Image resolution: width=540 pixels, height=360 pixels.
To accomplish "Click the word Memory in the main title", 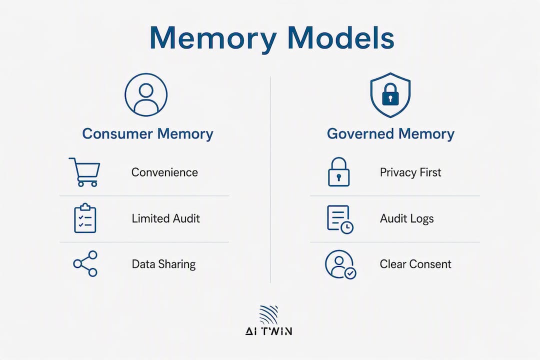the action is pyautogui.click(x=213, y=39).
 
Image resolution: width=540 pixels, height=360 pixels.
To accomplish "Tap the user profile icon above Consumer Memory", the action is pyautogui.click(x=146, y=94).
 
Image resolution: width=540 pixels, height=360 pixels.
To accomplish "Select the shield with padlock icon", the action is pyautogui.click(x=390, y=95).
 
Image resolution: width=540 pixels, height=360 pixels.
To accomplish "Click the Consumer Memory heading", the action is pyautogui.click(x=147, y=133).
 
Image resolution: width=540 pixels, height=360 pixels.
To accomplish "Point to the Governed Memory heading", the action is pyautogui.click(x=390, y=133).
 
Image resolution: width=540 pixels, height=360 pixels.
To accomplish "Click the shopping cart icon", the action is pyautogui.click(x=84, y=172).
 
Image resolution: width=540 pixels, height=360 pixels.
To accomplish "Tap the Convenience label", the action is pyautogui.click(x=164, y=172).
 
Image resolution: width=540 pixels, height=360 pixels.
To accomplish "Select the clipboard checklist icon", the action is pyautogui.click(x=85, y=218).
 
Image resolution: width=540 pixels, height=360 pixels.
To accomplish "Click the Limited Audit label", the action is pyautogui.click(x=165, y=218).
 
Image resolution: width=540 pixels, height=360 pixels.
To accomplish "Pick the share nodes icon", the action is pyautogui.click(x=85, y=263).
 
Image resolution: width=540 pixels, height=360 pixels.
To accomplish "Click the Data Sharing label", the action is pyautogui.click(x=163, y=264).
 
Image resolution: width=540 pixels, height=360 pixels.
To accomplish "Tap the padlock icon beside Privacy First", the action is pyautogui.click(x=338, y=172).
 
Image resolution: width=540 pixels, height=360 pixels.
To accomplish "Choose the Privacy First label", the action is pyautogui.click(x=410, y=172).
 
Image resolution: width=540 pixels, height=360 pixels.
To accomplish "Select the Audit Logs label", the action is pyautogui.click(x=406, y=218).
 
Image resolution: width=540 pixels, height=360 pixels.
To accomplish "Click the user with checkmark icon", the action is pyautogui.click(x=340, y=264).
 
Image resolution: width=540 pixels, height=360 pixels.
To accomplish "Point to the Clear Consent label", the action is pyautogui.click(x=415, y=264).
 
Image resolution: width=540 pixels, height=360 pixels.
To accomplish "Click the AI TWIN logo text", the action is pyautogui.click(x=268, y=331).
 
